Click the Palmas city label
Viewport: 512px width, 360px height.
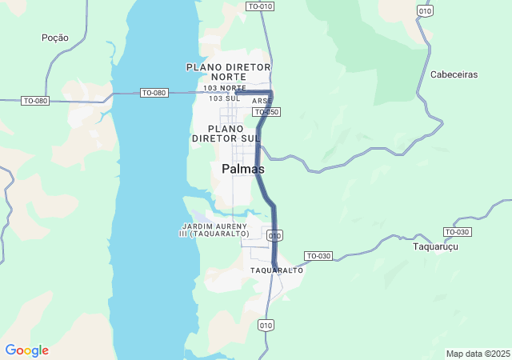[x=243, y=170]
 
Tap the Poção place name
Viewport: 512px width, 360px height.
[x=54, y=38]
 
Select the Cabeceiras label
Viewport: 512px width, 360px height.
[x=454, y=74]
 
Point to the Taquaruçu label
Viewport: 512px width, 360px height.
[x=434, y=246]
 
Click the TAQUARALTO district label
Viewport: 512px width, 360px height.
[x=277, y=270]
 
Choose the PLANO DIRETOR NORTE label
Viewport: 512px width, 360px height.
[x=228, y=71]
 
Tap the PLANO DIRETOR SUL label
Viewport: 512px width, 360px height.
[x=226, y=134]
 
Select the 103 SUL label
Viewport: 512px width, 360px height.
[x=225, y=98]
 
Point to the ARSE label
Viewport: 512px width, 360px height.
[x=262, y=102]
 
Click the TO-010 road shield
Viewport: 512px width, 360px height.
[x=260, y=6]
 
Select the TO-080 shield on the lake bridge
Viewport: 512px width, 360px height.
[x=154, y=93]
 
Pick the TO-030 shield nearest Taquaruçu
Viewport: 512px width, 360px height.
[x=457, y=232]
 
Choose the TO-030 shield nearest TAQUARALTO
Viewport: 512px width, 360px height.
[x=318, y=256]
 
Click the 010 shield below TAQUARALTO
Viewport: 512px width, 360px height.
[x=266, y=325]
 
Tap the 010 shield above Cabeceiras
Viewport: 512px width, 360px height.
[x=425, y=10]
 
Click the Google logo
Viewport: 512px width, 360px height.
[x=26, y=350]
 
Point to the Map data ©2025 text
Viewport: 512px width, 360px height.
[x=478, y=354]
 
